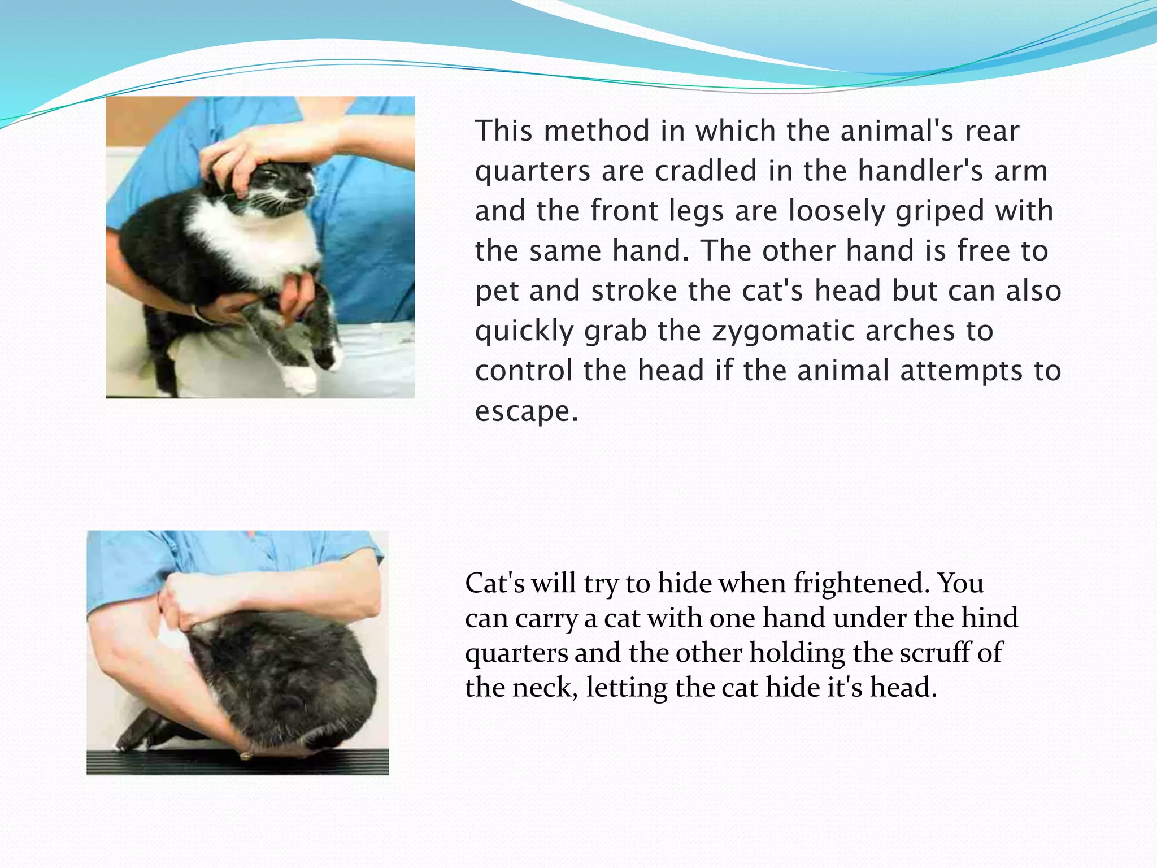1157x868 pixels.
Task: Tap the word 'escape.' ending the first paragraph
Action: click(527, 411)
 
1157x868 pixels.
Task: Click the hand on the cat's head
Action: click(249, 153)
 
